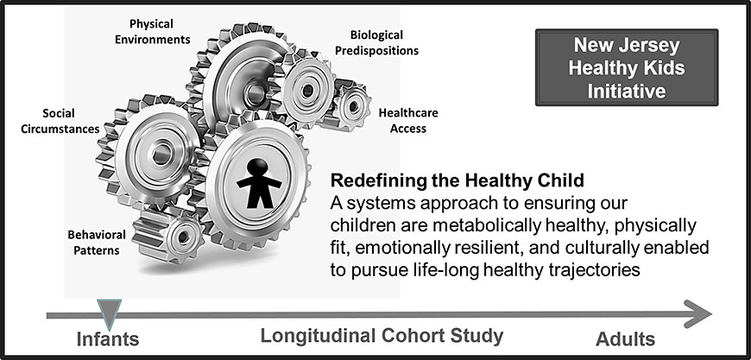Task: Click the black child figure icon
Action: [x=259, y=183]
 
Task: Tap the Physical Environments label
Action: [x=152, y=31]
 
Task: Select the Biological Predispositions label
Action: [x=376, y=42]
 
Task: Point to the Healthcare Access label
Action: [x=408, y=121]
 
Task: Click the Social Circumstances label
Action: [x=60, y=121]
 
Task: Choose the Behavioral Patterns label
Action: [x=97, y=243]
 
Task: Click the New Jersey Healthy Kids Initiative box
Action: [x=627, y=67]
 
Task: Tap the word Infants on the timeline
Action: [x=108, y=339]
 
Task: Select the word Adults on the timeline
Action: [x=625, y=339]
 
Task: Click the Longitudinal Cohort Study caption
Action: [x=382, y=336]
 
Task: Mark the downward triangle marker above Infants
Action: [x=110, y=311]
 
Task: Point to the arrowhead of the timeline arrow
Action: [x=697, y=314]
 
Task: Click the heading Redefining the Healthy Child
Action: [x=458, y=181]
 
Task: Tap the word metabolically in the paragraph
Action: [x=487, y=225]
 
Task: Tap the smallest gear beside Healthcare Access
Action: [x=352, y=106]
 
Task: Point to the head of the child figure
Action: [x=259, y=167]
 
